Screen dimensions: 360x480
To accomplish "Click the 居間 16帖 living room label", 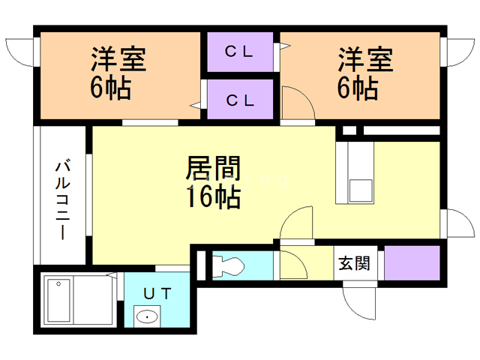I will (212, 182).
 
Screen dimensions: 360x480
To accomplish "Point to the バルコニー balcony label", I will (63, 199).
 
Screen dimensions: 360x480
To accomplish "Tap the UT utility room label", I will (158, 292).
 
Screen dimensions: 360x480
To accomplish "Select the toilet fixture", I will (227, 266).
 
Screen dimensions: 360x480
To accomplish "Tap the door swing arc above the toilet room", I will (296, 222).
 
